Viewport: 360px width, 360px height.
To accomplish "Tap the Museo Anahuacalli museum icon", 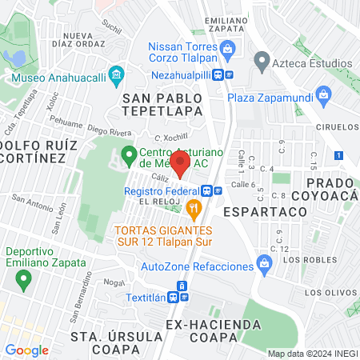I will (x=117, y=78).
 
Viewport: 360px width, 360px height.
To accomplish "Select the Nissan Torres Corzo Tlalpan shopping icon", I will (x=228, y=48).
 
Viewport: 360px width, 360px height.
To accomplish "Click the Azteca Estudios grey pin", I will (x=261, y=62).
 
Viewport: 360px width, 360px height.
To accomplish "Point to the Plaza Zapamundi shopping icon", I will (x=323, y=95).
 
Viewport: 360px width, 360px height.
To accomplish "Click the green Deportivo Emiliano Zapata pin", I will (x=23, y=279).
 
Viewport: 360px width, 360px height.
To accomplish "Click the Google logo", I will (x=26, y=350).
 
